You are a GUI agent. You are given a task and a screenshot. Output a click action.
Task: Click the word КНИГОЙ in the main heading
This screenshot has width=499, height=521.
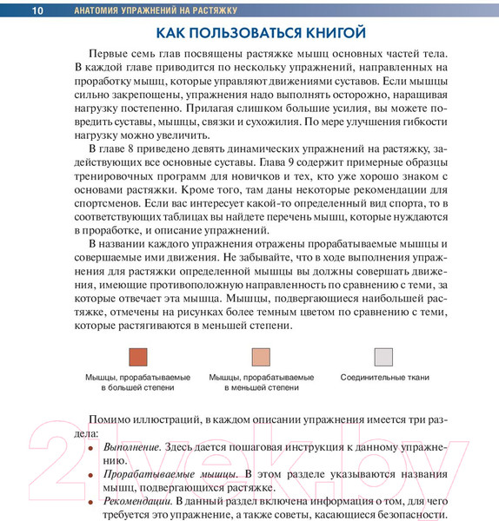pyautogui.click(x=319, y=34)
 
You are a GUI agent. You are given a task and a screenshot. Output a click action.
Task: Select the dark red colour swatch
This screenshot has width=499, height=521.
pyautogui.click(x=136, y=358)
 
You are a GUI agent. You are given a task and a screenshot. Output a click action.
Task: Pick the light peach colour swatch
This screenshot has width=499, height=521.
pyautogui.click(x=261, y=358)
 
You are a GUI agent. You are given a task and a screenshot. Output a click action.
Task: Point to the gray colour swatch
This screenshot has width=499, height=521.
pyautogui.click(x=384, y=358)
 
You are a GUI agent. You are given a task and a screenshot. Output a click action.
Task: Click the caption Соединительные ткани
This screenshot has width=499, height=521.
pyautogui.click(x=384, y=378)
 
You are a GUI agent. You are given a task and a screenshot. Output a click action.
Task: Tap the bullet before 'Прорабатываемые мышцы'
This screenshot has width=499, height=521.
pyautogui.click(x=90, y=476)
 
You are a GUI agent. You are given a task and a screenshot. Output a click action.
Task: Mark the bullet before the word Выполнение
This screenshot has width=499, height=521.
pyautogui.click(x=90, y=448)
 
